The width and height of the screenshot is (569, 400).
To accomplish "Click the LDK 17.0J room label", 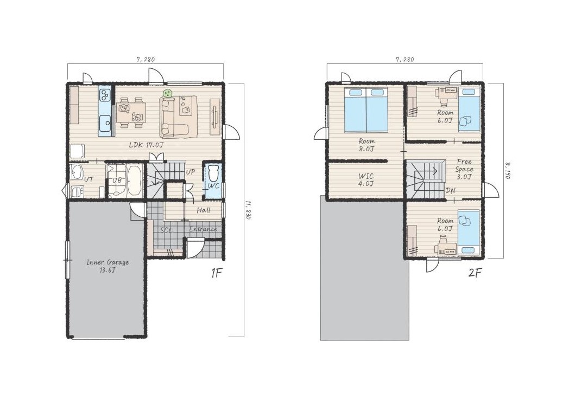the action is coord(146,145).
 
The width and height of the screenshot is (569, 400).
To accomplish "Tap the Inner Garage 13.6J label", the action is coord(108,266).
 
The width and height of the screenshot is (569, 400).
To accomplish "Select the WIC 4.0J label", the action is coord(366,180).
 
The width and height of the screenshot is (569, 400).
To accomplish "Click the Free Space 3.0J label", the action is coord(464,169).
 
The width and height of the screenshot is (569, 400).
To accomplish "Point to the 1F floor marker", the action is coord(216,273).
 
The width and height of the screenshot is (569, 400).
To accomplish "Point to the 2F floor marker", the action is coord(475,273).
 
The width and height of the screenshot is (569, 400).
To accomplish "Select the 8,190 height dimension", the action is coord(508,170).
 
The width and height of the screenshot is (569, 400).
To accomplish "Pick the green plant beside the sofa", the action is coord(168,93).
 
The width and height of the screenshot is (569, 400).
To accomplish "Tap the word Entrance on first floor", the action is coord(203,229).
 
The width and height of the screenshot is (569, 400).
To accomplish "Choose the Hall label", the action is coord(203,210).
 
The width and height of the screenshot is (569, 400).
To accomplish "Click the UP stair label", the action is coord(190,172).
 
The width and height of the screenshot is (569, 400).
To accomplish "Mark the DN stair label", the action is coord(451,190).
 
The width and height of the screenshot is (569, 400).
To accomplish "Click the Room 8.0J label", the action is coord(366,145).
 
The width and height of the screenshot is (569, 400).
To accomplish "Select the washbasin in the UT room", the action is coord(77,172).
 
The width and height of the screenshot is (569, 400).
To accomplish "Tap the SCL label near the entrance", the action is coord(166,230).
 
